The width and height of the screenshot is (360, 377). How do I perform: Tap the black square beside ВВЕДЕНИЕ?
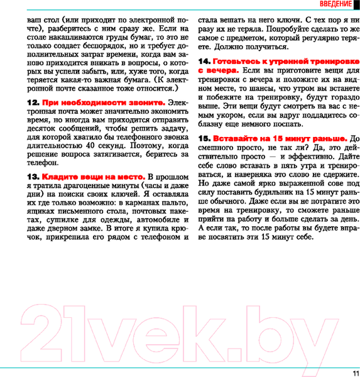pos(356,5)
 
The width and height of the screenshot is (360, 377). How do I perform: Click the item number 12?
pos(33,102)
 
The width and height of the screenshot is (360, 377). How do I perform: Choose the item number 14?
pos(204,61)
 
